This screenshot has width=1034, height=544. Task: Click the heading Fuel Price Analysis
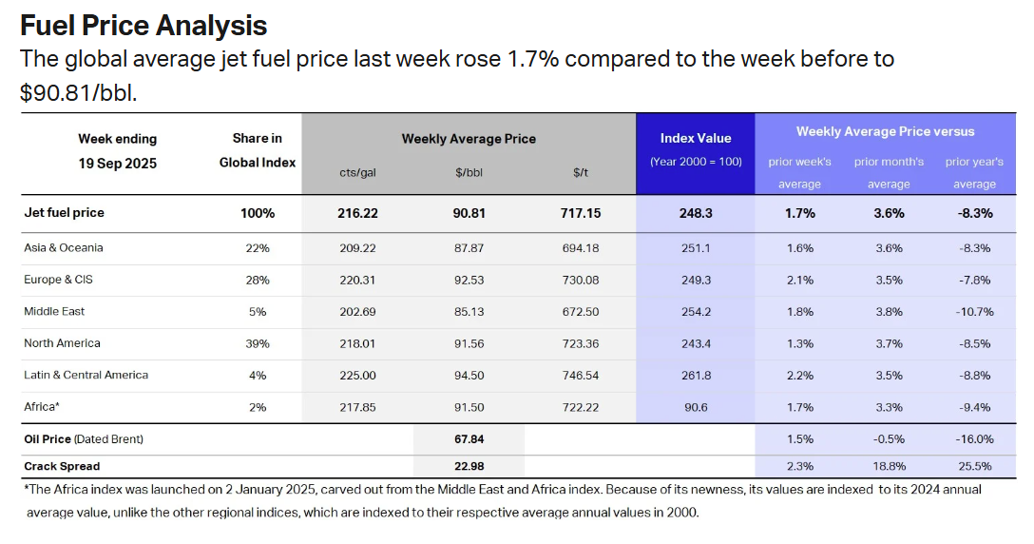click(x=143, y=25)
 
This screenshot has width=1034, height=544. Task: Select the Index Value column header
click(x=696, y=139)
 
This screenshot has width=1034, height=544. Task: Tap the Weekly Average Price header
click(x=469, y=139)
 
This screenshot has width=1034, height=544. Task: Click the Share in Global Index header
click(x=258, y=150)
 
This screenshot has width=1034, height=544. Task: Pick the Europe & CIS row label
click(x=59, y=281)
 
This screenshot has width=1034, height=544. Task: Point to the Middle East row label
click(x=56, y=312)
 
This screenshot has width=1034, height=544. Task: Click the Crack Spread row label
click(x=62, y=466)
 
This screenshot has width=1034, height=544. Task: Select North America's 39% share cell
click(x=258, y=344)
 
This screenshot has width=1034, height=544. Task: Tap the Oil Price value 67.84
click(x=469, y=439)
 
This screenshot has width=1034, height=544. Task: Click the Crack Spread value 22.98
click(x=469, y=466)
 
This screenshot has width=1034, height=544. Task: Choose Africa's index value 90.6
click(x=696, y=408)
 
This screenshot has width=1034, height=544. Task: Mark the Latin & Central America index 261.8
click(x=696, y=376)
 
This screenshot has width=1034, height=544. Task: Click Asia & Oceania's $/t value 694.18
click(x=580, y=248)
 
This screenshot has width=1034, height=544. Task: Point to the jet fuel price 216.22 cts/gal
click(x=357, y=213)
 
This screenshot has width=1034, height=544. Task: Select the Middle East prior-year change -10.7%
click(x=974, y=312)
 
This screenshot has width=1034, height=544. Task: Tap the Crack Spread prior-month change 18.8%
click(x=889, y=466)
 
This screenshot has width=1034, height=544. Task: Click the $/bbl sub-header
click(x=469, y=172)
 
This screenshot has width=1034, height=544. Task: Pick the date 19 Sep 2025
click(x=118, y=164)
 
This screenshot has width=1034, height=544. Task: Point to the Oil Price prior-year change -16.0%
click(x=974, y=439)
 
